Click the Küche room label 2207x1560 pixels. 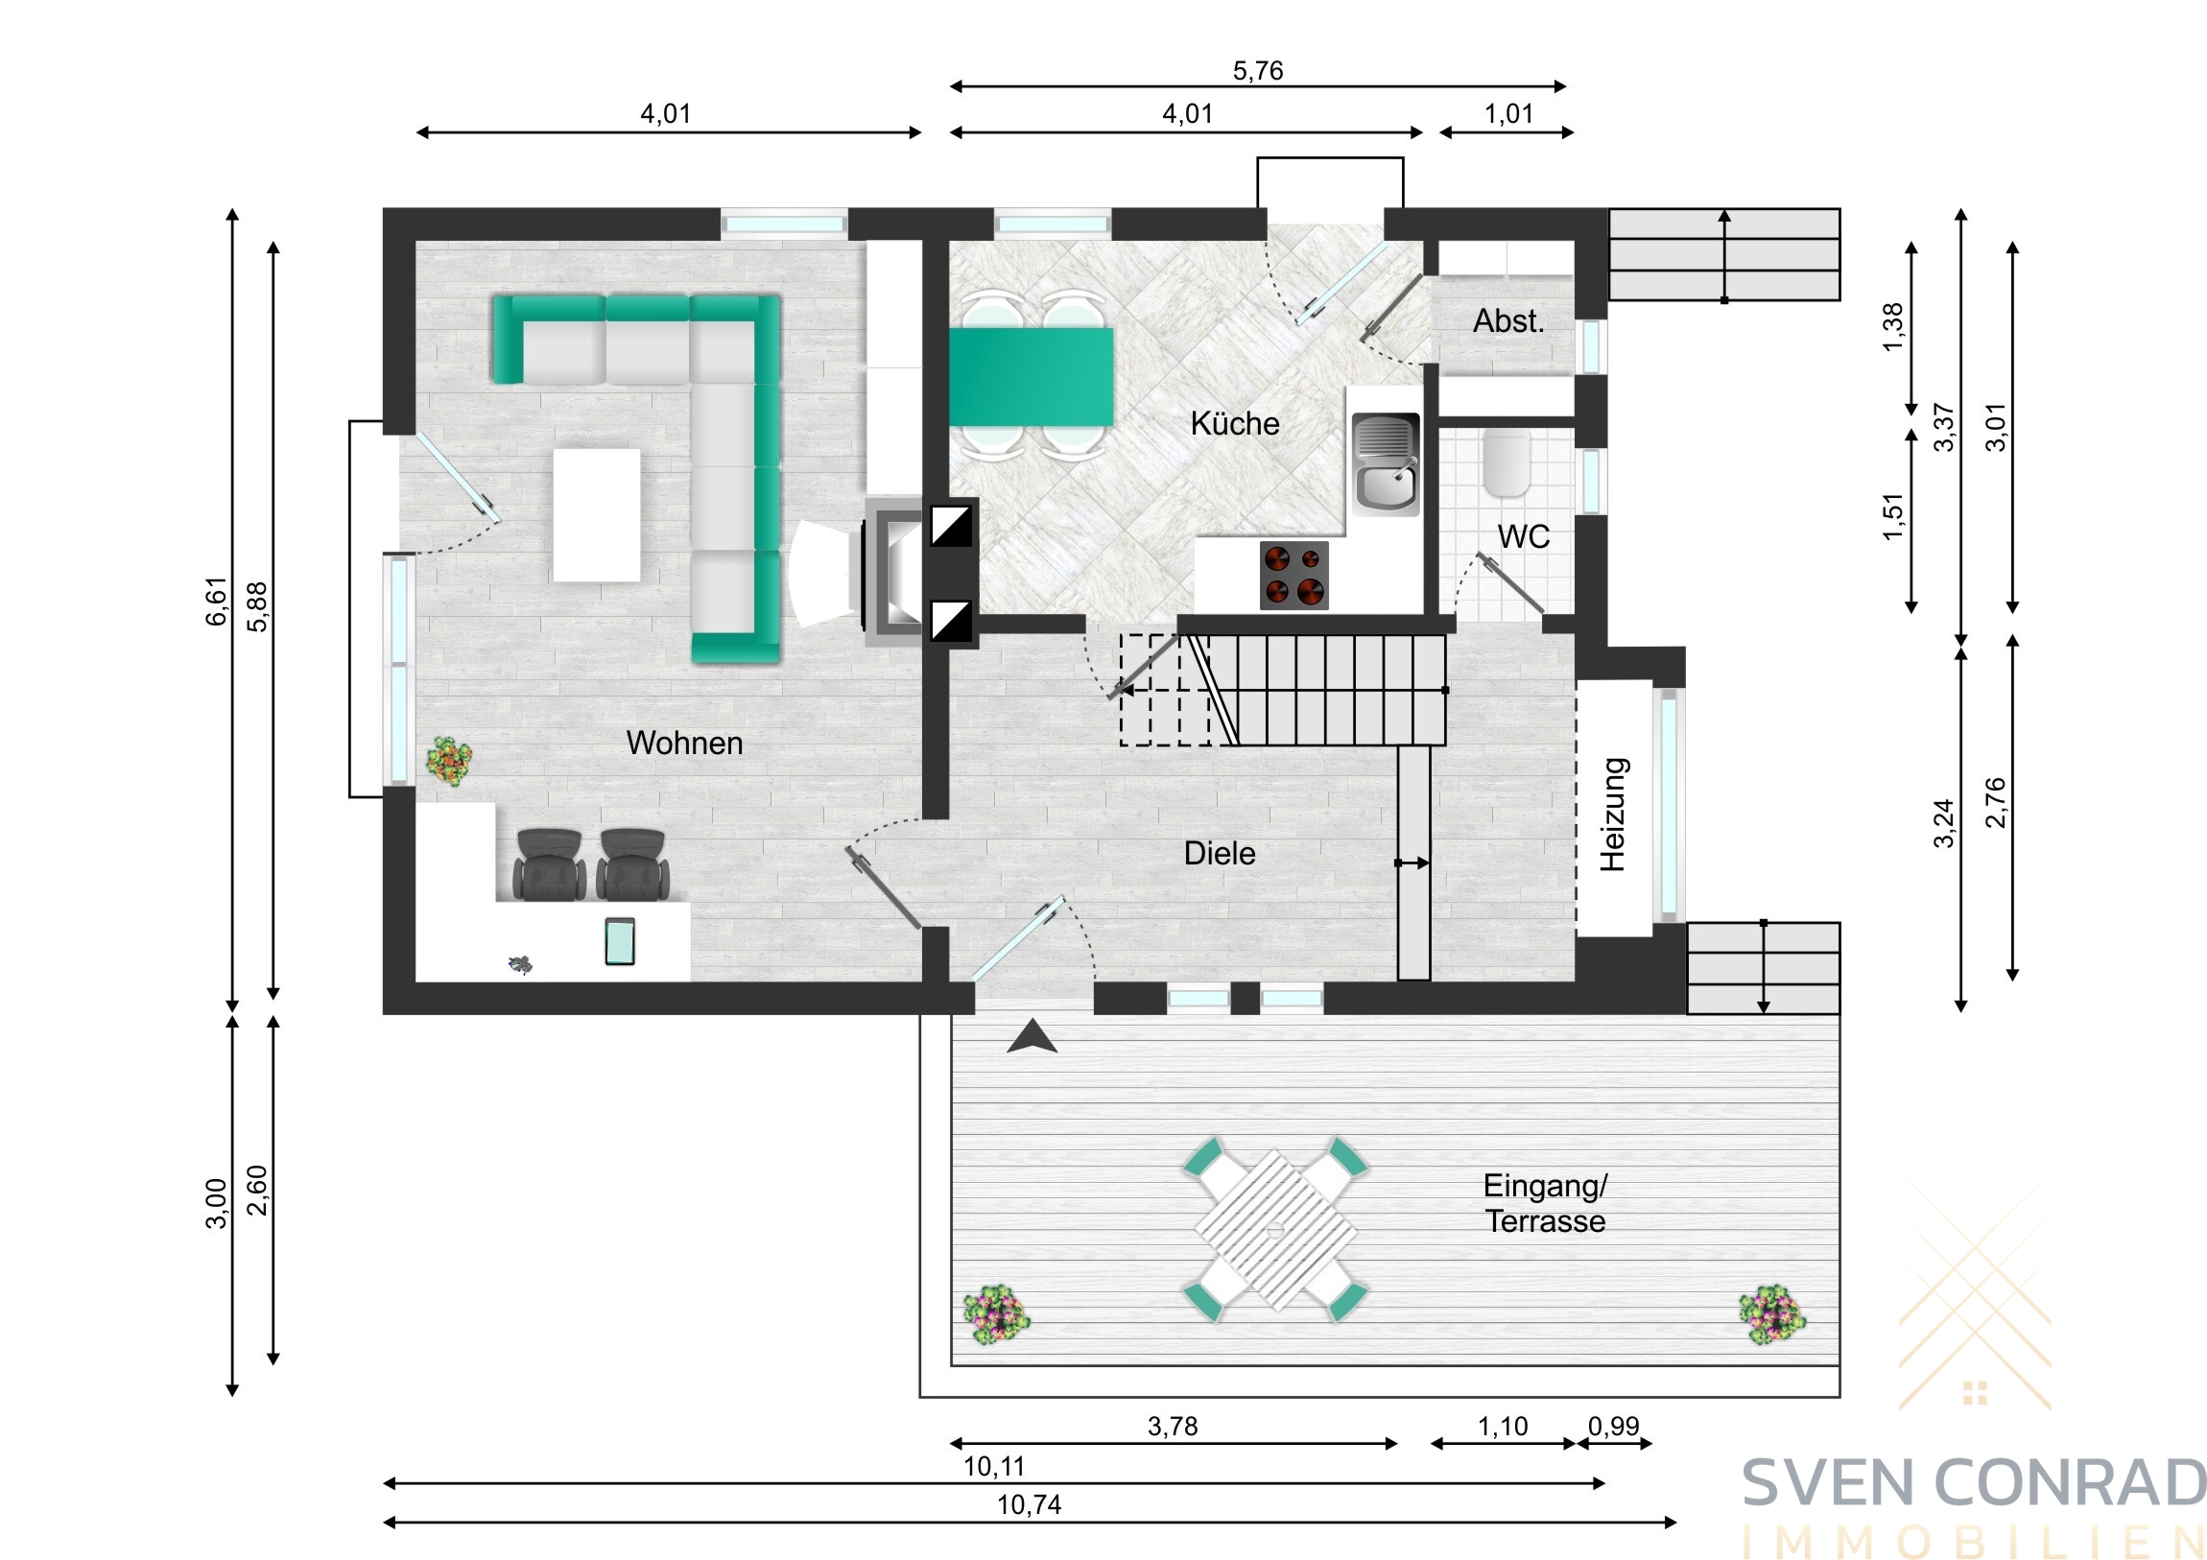tap(1234, 423)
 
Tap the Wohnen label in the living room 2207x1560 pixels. tap(684, 743)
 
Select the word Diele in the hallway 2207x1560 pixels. tap(1219, 854)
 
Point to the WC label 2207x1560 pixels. tap(1524, 536)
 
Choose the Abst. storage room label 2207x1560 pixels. tap(1508, 321)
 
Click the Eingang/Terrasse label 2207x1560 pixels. tap(1545, 1203)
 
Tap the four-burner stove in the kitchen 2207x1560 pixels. tap(1293, 576)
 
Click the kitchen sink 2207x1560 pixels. tap(1386, 463)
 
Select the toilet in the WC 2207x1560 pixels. tap(1507, 462)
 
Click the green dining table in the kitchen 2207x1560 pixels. tap(1032, 377)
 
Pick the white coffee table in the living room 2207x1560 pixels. tap(596, 515)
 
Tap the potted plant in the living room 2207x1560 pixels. tap(449, 761)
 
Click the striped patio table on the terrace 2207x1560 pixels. tap(1275, 1229)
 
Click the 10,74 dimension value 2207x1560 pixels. tap(1029, 1504)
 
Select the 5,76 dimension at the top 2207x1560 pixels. tap(1257, 70)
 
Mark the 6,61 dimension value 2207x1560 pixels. tap(217, 602)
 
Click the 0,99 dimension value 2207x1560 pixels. tap(1614, 1427)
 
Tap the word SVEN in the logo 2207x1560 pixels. tap(1829, 1483)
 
